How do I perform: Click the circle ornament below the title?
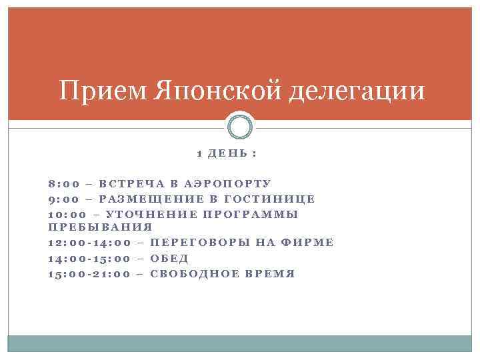(x=240, y=127)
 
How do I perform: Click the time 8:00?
(x=65, y=183)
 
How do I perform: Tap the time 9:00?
(x=65, y=199)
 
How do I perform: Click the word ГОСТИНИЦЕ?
(x=270, y=199)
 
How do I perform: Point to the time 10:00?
(x=69, y=214)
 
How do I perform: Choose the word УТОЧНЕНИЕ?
(x=152, y=214)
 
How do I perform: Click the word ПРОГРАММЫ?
(x=251, y=214)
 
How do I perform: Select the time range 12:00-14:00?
(x=89, y=243)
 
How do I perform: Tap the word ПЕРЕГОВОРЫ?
(x=201, y=243)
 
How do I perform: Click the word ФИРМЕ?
(x=309, y=243)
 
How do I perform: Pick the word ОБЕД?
(x=170, y=259)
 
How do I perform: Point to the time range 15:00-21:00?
(x=89, y=274)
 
